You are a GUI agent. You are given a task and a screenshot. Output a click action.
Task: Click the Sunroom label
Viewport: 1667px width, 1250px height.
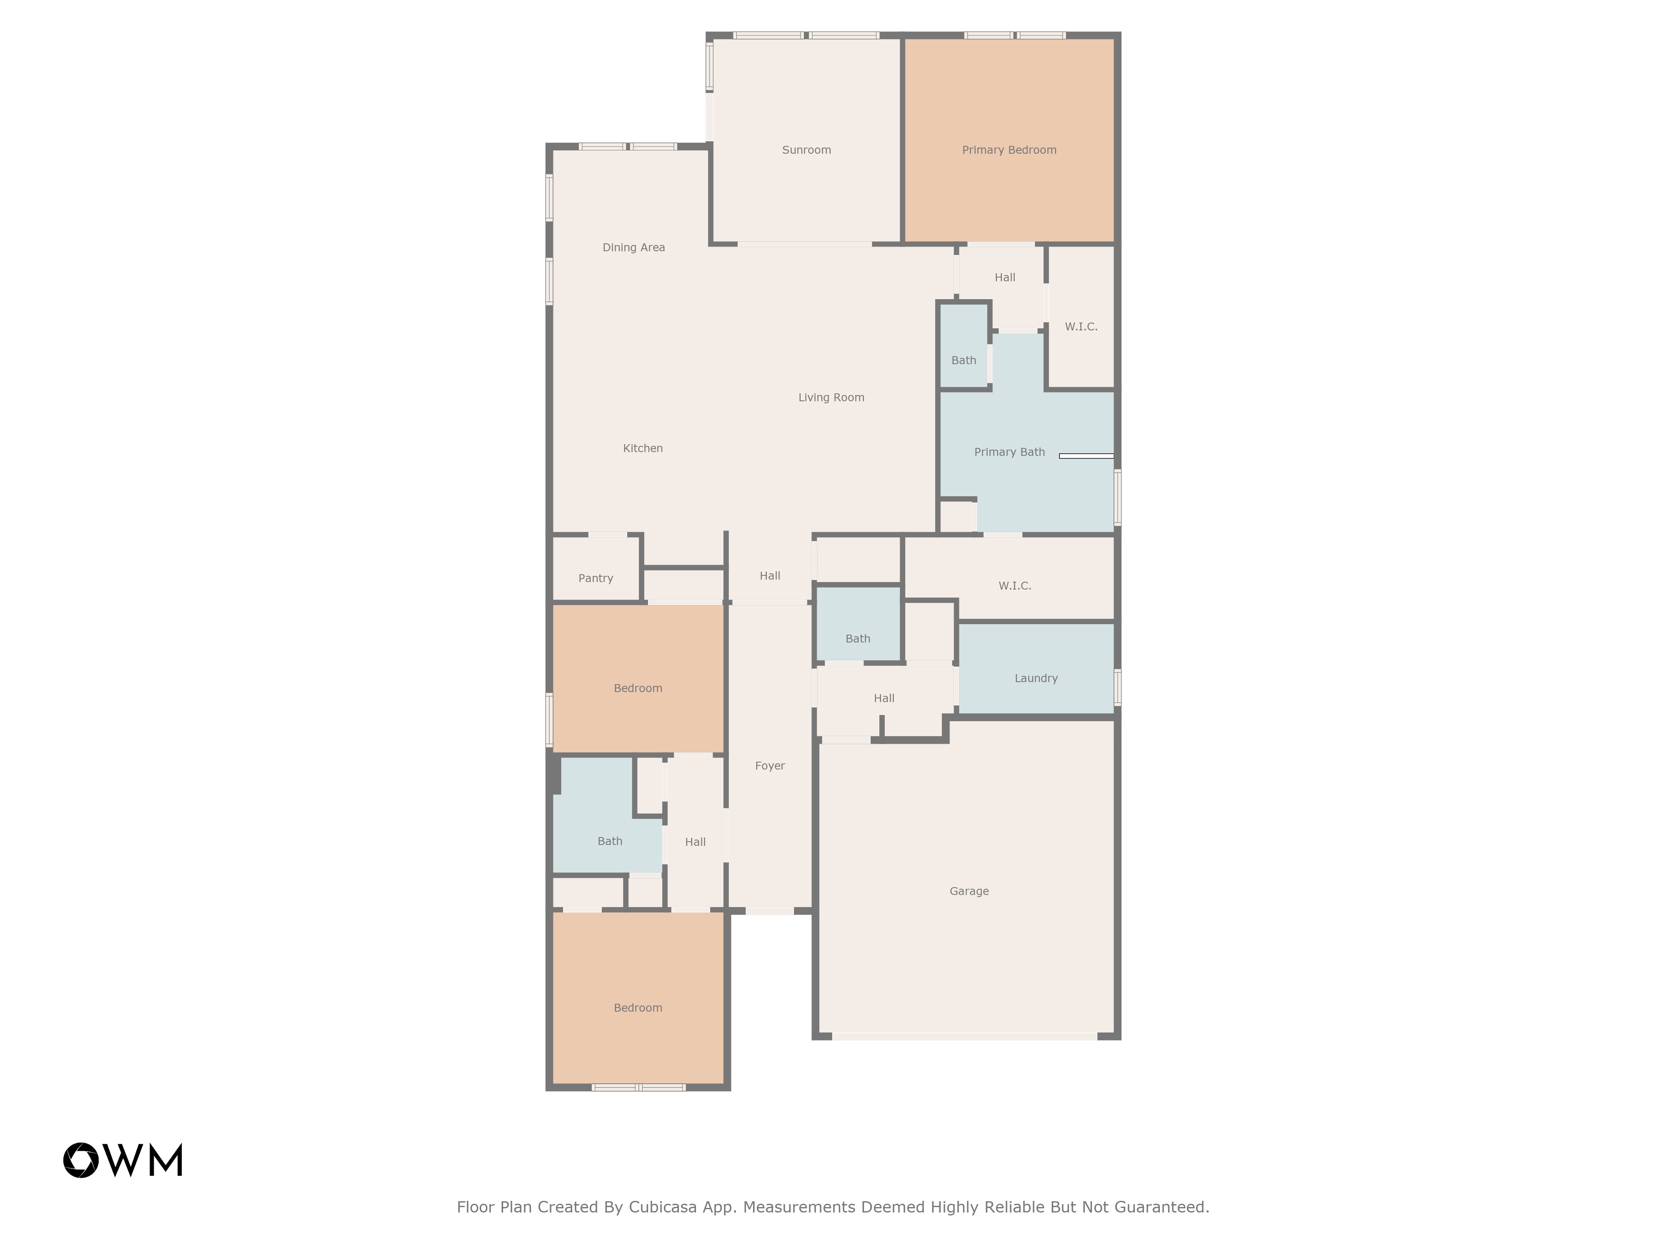pyautogui.click(x=806, y=150)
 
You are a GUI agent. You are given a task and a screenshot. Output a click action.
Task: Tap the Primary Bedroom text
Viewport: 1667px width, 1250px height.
pyautogui.click(x=1009, y=150)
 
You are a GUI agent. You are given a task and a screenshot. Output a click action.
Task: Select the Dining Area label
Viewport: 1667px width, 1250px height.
pyautogui.click(x=634, y=247)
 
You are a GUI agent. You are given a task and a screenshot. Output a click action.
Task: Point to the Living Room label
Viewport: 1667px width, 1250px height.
pyautogui.click(x=831, y=397)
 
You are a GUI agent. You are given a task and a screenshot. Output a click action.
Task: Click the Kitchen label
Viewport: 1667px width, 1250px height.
pyautogui.click(x=643, y=448)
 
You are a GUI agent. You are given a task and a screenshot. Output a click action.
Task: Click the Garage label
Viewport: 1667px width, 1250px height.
pyautogui.click(x=969, y=891)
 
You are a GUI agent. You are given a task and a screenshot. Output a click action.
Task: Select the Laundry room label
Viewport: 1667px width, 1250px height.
pyautogui.click(x=1036, y=678)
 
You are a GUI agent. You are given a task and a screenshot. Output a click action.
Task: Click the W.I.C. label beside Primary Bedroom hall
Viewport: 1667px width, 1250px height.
pyautogui.click(x=1081, y=326)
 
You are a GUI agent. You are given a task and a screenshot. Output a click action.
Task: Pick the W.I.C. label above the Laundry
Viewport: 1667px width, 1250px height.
pyautogui.click(x=1015, y=585)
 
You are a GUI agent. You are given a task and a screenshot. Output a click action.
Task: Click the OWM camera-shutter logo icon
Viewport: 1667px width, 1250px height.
pyautogui.click(x=80, y=1160)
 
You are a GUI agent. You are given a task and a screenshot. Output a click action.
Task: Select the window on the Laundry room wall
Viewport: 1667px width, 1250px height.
pyautogui.click(x=1118, y=687)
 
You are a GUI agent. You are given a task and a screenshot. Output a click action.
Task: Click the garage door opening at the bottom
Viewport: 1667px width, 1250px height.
pyautogui.click(x=965, y=1037)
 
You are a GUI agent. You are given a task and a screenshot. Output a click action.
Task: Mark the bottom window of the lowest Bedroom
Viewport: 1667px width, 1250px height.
pyautogui.click(x=638, y=1087)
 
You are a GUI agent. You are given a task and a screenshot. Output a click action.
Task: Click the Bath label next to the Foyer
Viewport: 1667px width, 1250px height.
pyautogui.click(x=858, y=639)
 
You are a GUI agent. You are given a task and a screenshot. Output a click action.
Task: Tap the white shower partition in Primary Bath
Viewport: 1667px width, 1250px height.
pyautogui.click(x=1086, y=456)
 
